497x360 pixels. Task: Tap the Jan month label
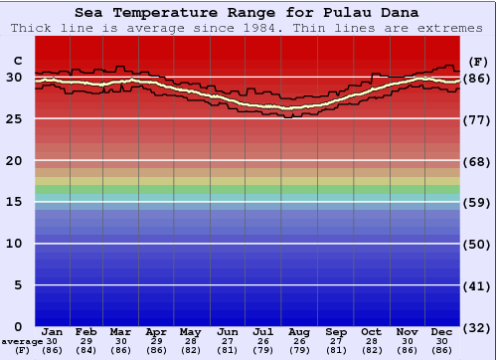pyautogui.click(x=53, y=331)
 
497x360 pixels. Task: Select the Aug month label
pyautogui.click(x=299, y=331)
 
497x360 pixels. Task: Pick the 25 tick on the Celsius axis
pyautogui.click(x=15, y=119)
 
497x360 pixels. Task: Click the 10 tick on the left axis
pyautogui.click(x=15, y=244)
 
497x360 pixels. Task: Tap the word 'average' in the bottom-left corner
pyautogui.click(x=22, y=341)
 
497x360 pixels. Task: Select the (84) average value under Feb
pyautogui.click(x=86, y=351)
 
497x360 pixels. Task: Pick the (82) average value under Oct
pyautogui.click(x=372, y=351)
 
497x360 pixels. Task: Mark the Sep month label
pyautogui.click(x=336, y=331)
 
